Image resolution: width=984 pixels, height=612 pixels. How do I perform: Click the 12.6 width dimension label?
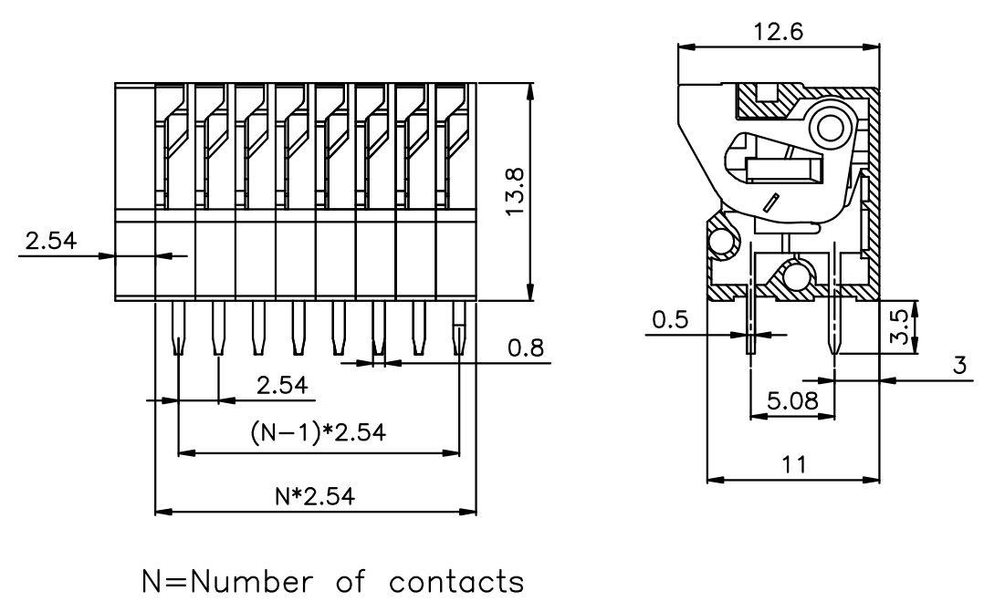(778, 31)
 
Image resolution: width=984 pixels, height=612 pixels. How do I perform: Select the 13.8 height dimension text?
(515, 192)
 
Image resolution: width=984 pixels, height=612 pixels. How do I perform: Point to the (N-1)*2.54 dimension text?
(319, 432)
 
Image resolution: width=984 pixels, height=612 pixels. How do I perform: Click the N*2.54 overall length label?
(315, 496)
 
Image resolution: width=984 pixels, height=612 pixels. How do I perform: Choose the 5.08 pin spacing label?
(793, 399)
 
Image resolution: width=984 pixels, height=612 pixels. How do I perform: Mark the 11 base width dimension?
(794, 464)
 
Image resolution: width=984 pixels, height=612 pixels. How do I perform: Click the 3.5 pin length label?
(899, 327)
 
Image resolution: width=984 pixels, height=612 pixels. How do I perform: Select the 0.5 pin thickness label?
(670, 320)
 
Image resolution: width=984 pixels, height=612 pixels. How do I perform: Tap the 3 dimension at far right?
(960, 364)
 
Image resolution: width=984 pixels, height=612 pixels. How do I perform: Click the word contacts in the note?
(456, 581)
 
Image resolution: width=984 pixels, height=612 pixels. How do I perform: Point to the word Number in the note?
(250, 581)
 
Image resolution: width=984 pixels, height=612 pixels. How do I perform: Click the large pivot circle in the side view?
(831, 128)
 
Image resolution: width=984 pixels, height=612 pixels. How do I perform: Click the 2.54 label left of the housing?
(51, 240)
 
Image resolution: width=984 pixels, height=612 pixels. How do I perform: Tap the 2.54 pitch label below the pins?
(282, 385)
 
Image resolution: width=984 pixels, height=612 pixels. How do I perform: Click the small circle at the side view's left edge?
(722, 241)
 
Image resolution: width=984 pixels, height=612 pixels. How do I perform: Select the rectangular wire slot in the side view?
(784, 171)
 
